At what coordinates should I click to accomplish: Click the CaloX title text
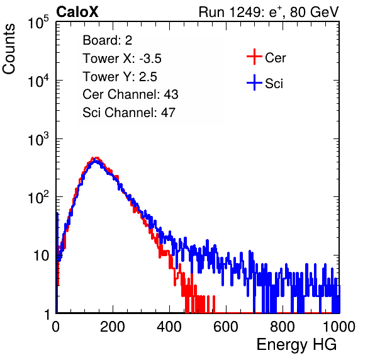[77, 12]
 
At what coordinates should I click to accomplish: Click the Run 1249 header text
[269, 12]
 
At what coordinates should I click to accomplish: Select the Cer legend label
[275, 58]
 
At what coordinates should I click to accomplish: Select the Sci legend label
[274, 84]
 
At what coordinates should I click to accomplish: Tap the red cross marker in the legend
[254, 57]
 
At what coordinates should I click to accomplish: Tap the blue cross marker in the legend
[254, 82]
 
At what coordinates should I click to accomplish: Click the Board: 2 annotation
[107, 40]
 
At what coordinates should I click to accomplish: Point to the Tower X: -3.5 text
[122, 59]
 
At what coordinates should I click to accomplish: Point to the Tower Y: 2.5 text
[120, 77]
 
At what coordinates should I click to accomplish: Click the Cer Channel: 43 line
[130, 94]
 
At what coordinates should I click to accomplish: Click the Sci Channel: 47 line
[129, 113]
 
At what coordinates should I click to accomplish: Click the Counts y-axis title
[9, 49]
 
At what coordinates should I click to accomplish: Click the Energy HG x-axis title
[296, 345]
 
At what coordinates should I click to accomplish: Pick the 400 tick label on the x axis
[169, 327]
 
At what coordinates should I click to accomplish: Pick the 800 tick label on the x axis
[283, 327]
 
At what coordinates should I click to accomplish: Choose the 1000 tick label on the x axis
[339, 327]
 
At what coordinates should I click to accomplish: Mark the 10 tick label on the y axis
[41, 256]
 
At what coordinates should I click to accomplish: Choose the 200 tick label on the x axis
[113, 327]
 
